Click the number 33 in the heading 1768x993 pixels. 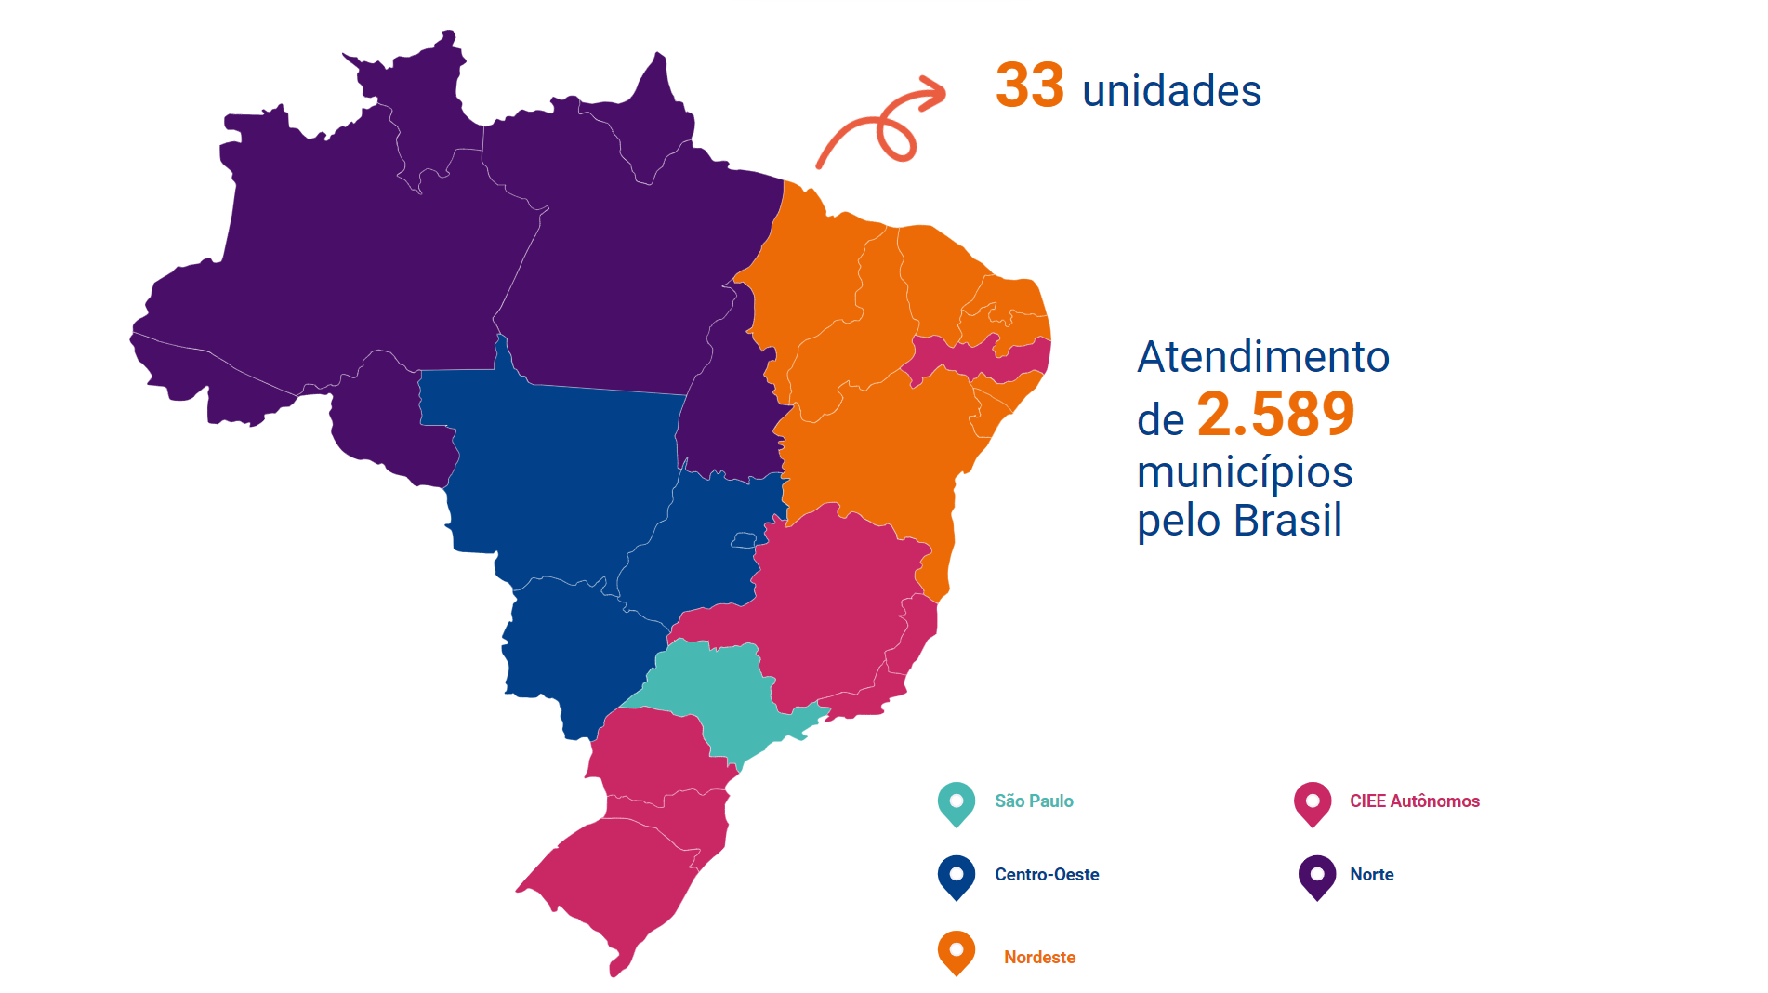pyautogui.click(x=1029, y=86)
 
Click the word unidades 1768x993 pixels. pyautogui.click(x=1171, y=91)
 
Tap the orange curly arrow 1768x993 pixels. pyautogui.click(x=880, y=126)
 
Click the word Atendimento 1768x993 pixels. pyautogui.click(x=1263, y=357)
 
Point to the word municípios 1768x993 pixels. pyautogui.click(x=1245, y=472)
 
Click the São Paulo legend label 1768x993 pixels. pyautogui.click(x=1034, y=801)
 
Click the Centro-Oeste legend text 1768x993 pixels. pyautogui.click(x=1047, y=875)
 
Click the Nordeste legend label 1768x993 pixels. pyautogui.click(x=1039, y=958)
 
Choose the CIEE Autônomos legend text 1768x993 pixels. pyautogui.click(x=1414, y=801)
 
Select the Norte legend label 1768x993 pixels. pyautogui.click(x=1371, y=875)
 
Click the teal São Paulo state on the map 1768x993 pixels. pyautogui.click(x=716, y=688)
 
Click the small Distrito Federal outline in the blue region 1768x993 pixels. pyautogui.click(x=744, y=540)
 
